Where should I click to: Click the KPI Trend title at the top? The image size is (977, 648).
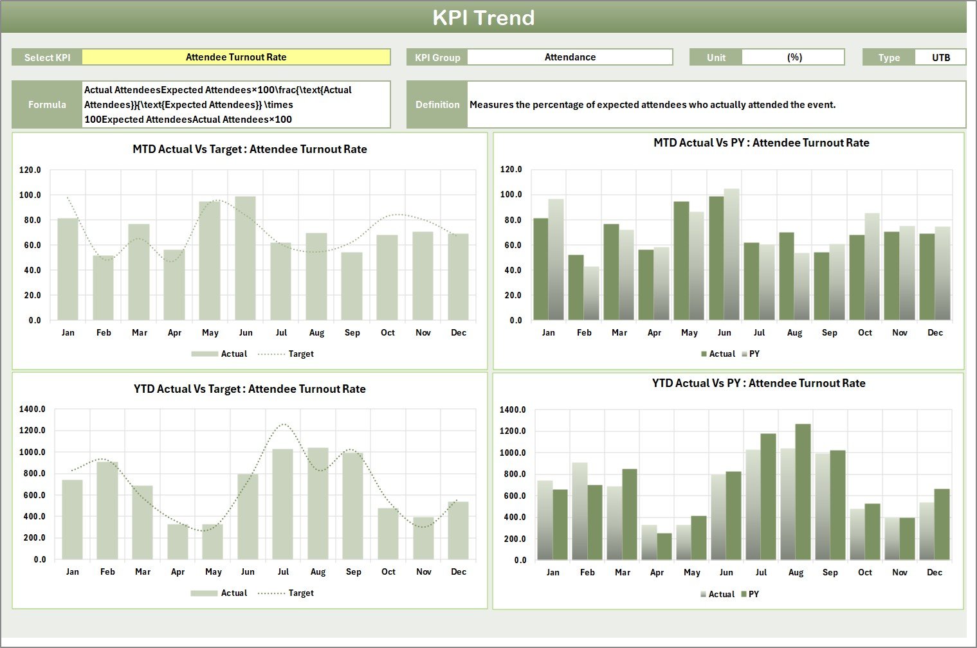coord(483,17)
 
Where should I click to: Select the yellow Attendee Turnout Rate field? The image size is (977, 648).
coord(236,57)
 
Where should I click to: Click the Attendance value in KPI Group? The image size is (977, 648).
coord(570,57)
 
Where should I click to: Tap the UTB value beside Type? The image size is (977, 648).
coord(940,57)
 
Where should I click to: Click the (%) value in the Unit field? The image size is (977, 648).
coord(794,57)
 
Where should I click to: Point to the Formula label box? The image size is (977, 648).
coord(47,105)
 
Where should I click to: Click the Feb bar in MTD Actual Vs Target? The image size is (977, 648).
coord(104,288)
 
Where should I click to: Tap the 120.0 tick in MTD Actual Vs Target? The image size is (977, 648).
coord(30,170)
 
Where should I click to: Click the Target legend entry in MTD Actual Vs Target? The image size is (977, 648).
coord(300,354)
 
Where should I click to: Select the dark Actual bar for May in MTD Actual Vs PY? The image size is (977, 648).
coord(681,261)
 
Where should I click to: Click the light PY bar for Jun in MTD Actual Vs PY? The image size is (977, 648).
coord(731,255)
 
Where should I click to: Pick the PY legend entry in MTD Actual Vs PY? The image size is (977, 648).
coord(754,354)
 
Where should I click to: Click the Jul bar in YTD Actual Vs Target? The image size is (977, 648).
coord(282,504)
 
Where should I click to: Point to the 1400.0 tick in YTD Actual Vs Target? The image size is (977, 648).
coord(33,410)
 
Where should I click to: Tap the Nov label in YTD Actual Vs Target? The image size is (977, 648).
coord(423,572)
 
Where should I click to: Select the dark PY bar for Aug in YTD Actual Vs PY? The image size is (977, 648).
coord(803,492)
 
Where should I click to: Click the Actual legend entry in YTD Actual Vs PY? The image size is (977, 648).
coord(720,595)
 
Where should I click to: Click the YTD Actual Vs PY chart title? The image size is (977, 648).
coord(758,384)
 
